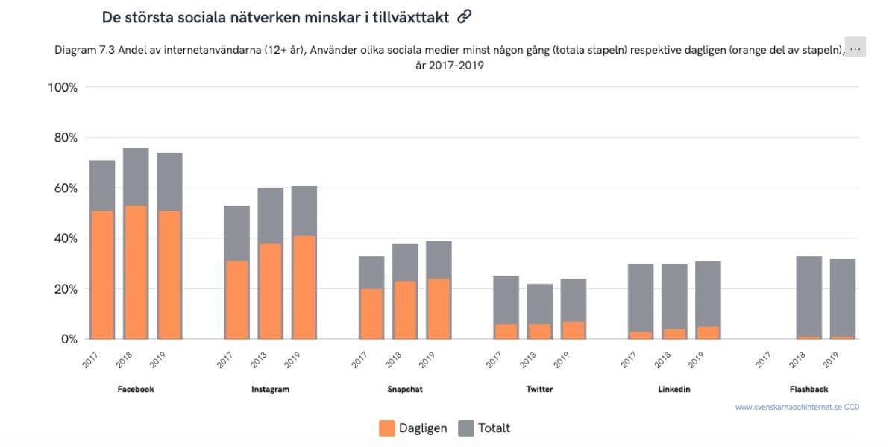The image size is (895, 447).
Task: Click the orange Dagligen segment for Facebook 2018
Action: click(x=136, y=272)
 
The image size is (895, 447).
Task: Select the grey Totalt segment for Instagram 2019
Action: click(x=304, y=210)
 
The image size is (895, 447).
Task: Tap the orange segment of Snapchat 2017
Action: click(x=371, y=314)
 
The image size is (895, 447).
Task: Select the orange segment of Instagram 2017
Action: click(x=236, y=299)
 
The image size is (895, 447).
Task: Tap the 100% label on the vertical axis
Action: click(x=62, y=88)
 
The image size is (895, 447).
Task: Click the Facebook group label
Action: click(x=136, y=390)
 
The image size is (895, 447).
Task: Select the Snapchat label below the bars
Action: click(x=405, y=390)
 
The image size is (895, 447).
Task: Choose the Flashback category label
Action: click(x=808, y=390)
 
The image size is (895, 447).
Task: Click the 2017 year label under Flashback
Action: click(x=763, y=360)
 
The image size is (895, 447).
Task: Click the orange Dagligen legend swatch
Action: click(x=387, y=428)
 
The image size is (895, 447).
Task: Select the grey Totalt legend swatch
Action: click(x=466, y=428)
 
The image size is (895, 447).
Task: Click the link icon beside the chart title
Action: click(x=465, y=16)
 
